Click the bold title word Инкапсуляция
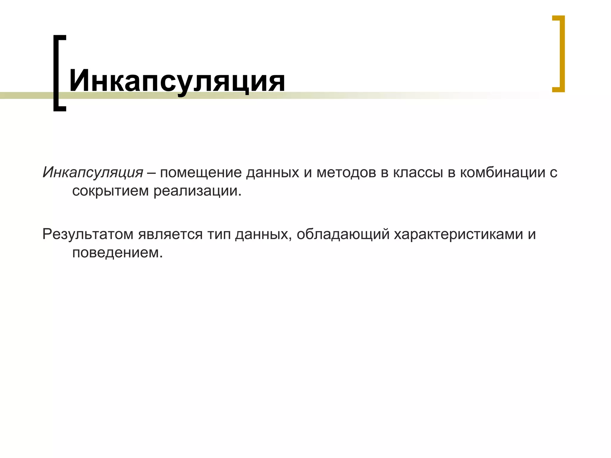tap(177, 81)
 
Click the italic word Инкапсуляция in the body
tap(93, 173)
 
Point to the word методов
tap(346, 173)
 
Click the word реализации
tap(197, 191)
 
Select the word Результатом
tap(88, 234)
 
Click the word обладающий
tap(343, 234)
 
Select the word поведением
tap(117, 253)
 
